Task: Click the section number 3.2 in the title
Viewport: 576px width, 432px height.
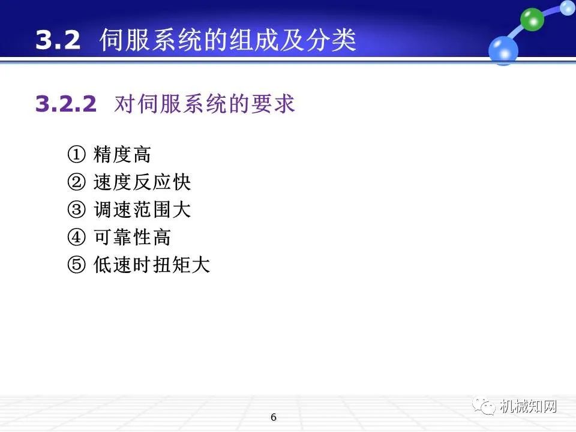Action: pyautogui.click(x=58, y=41)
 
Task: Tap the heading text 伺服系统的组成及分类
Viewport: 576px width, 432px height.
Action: pyautogui.click(x=228, y=41)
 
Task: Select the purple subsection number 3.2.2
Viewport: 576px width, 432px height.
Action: pyautogui.click(x=66, y=104)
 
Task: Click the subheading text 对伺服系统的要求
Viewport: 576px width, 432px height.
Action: pyautogui.click(x=204, y=104)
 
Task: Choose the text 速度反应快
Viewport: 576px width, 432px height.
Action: pyautogui.click(x=142, y=183)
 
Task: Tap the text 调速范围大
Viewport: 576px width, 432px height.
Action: pyautogui.click(x=142, y=210)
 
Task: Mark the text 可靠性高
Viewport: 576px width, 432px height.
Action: pyautogui.click(x=132, y=238)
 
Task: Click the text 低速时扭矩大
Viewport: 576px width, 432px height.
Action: pyautogui.click(x=152, y=265)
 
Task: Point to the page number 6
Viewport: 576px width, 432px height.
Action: pyautogui.click(x=274, y=418)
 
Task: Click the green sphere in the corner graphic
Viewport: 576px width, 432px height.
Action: pyautogui.click(x=532, y=19)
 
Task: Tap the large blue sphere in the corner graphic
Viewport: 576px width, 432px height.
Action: pyautogui.click(x=503, y=50)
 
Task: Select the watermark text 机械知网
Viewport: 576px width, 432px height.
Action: pyautogui.click(x=528, y=406)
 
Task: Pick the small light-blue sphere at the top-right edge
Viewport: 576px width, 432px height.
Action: pyautogui.click(x=567, y=7)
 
